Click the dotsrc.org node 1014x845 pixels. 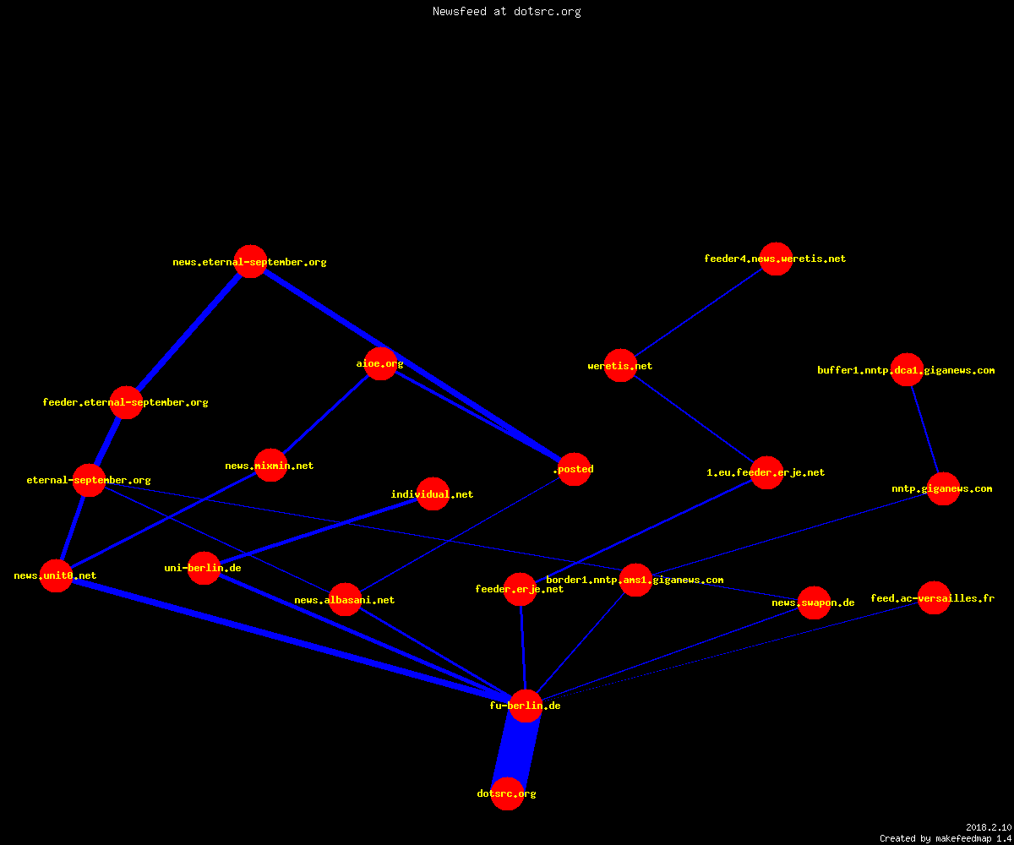(x=507, y=793)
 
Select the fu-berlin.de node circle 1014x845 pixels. (x=526, y=706)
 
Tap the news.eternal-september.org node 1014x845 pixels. (x=251, y=261)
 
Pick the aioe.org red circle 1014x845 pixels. (x=380, y=363)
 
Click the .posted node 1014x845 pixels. (x=574, y=469)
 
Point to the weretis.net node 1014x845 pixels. (x=620, y=365)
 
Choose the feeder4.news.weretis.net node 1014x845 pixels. (x=776, y=259)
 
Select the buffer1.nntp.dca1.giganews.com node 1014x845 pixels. (x=907, y=369)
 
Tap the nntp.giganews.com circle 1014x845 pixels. (x=943, y=488)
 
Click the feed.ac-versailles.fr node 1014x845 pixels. (x=934, y=597)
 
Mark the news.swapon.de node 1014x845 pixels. (x=814, y=602)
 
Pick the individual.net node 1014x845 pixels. (x=433, y=493)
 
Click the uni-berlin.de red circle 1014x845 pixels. (x=204, y=568)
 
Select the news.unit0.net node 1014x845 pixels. (x=56, y=575)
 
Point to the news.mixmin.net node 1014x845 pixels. (x=270, y=466)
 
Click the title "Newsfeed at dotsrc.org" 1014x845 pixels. (x=506, y=11)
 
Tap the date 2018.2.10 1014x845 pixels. (x=989, y=827)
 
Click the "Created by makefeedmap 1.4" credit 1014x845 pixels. (x=946, y=838)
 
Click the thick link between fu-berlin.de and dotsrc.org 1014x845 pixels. (x=516, y=750)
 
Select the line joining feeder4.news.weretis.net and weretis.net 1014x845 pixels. (x=698, y=312)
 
